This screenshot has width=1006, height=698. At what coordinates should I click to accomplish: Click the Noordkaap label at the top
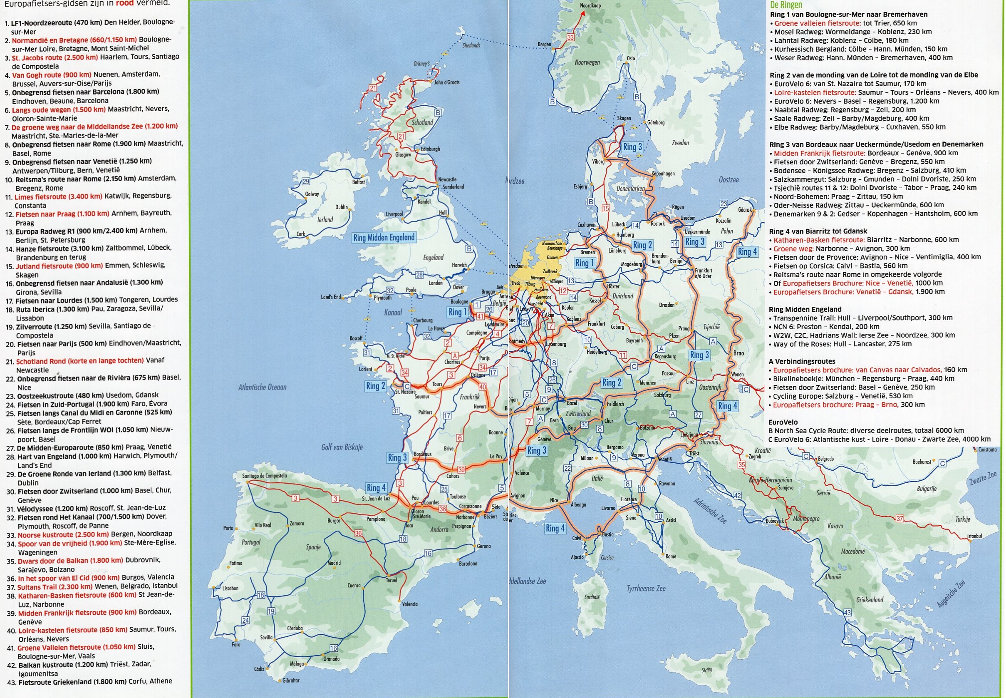pos(590,6)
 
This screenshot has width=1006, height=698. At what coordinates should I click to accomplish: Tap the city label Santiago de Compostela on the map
pos(265,475)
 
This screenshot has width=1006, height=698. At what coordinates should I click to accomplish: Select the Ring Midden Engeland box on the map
pos(384,238)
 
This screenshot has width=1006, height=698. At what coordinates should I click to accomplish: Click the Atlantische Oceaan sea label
pos(263,387)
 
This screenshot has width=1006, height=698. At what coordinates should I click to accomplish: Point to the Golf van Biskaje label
pos(342,447)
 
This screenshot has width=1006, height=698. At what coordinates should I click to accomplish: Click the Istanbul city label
pos(974,536)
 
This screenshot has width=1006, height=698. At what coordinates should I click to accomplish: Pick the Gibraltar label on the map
pos(291,680)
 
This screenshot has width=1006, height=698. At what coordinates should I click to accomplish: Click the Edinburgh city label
pos(430,149)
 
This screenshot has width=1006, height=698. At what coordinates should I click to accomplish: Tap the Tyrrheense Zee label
pos(646,588)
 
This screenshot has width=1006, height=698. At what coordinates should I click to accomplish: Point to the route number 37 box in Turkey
pos(899,518)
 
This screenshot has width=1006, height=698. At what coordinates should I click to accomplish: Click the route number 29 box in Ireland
pos(306,181)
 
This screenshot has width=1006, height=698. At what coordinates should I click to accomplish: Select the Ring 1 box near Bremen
pos(585,263)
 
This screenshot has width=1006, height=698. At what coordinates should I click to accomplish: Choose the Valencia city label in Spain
pos(409,604)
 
